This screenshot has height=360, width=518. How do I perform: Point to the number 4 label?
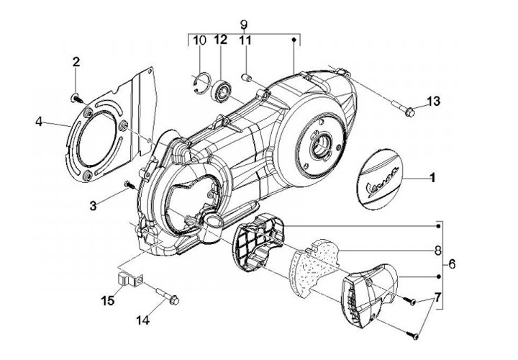(x=37, y=122)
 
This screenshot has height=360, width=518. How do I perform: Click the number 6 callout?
(x=453, y=265)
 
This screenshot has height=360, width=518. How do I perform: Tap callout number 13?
(x=432, y=102)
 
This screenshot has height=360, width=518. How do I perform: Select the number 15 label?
(x=107, y=299)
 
